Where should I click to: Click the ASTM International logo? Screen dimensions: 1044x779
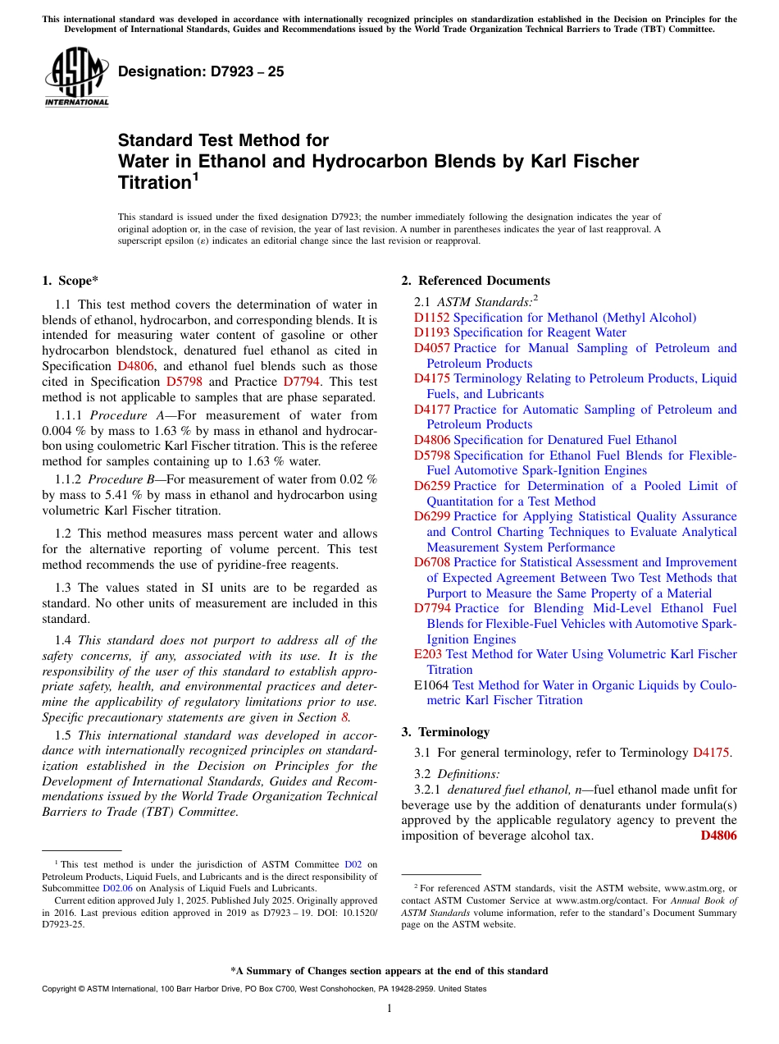(x=76, y=78)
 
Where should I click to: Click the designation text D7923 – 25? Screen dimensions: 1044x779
(x=201, y=71)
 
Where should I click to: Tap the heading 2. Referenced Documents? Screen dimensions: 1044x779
(x=476, y=281)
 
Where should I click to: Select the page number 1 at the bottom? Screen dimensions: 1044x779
(x=389, y=1009)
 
